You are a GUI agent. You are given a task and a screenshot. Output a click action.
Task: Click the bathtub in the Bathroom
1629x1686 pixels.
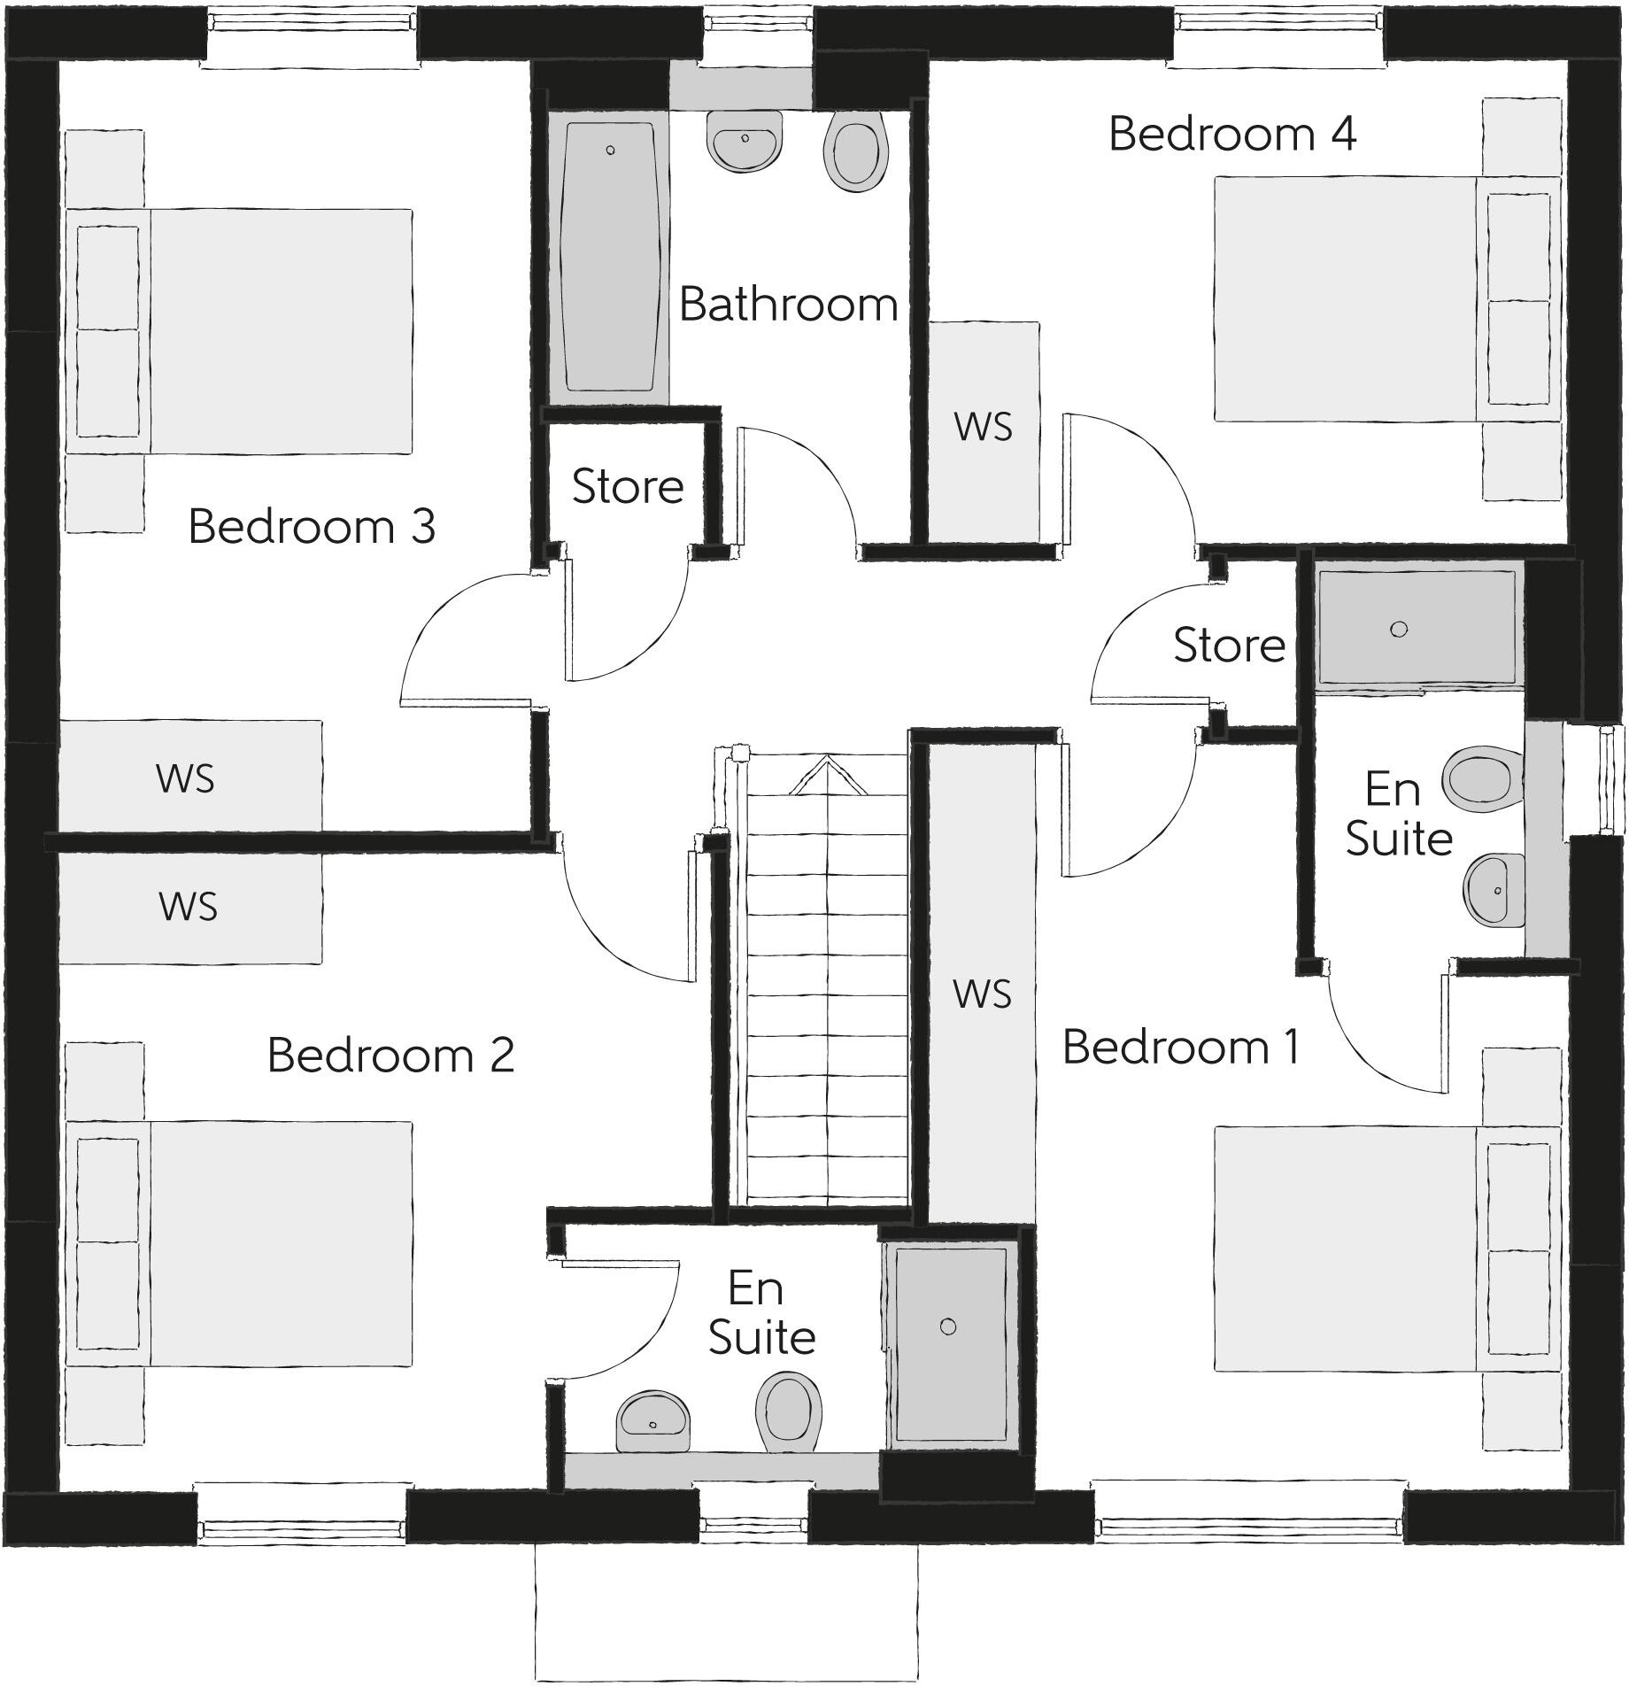tap(609, 257)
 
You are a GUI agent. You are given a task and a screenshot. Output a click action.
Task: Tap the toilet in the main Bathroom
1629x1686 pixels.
tap(855, 151)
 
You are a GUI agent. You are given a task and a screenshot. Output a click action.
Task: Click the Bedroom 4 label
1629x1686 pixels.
tap(1231, 135)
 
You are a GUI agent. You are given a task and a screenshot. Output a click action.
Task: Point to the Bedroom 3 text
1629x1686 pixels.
tap(312, 527)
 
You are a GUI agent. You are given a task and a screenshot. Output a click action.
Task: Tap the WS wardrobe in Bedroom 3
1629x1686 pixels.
tap(189, 777)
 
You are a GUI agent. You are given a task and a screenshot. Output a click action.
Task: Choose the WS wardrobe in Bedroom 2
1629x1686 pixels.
tap(189, 908)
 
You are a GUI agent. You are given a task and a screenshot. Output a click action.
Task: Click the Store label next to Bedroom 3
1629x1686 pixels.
tap(628, 487)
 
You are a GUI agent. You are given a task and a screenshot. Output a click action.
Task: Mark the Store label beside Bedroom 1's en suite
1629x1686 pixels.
tap(1229, 645)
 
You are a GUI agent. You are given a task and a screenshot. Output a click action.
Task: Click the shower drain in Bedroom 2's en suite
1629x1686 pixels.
tap(948, 1326)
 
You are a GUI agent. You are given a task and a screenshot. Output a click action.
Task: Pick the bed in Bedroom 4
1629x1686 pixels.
tap(1346, 298)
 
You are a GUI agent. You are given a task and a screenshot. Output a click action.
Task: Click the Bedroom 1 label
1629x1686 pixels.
tap(1181, 1048)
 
